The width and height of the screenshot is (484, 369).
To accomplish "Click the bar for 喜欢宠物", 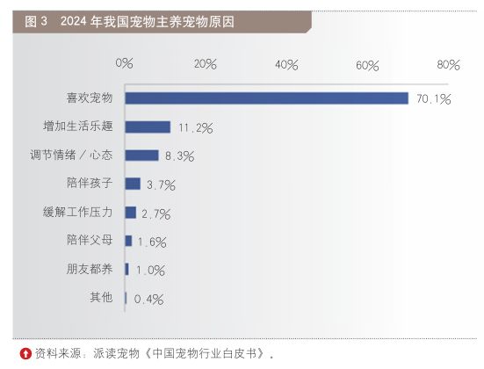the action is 267,98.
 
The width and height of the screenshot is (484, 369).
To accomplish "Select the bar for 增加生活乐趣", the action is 148,127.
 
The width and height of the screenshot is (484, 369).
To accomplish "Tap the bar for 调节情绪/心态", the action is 141,156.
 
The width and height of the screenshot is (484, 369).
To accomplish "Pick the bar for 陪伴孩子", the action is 133,184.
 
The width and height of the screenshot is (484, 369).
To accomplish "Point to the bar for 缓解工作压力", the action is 131,213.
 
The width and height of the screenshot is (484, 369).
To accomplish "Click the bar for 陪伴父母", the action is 128,241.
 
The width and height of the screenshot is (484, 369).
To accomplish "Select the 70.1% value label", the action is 434,99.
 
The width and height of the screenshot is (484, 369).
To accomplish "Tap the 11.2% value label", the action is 196,127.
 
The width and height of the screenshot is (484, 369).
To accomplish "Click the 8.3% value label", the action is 180,156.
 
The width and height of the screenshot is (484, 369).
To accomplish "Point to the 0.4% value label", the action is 148,300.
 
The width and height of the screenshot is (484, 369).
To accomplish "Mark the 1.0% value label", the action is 150,271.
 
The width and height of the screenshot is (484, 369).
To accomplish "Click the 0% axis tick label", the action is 124,63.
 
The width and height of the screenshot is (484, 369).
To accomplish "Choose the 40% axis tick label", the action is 286,65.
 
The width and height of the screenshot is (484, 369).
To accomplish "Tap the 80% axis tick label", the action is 448,65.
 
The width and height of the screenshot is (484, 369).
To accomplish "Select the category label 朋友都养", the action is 90,269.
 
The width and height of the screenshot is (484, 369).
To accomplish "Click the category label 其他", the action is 101,297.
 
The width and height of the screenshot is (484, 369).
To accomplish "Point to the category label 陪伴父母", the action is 90,240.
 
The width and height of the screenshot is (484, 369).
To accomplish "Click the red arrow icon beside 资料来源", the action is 25,353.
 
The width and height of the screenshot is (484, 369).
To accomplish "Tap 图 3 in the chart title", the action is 36,21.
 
